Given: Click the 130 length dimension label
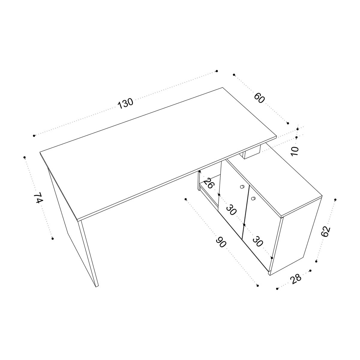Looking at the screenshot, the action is (x=125, y=103).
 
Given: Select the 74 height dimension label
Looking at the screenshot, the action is (x=38, y=198).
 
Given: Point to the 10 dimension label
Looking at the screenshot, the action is (x=295, y=151).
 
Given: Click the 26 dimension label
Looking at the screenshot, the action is (x=208, y=183).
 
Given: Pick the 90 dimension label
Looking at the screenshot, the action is (x=221, y=242).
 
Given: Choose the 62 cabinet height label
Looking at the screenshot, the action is (x=326, y=232).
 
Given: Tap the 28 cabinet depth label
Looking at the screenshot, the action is (x=296, y=279).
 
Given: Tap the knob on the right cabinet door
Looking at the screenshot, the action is (x=253, y=198).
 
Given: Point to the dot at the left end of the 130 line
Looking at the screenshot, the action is (x=34, y=135).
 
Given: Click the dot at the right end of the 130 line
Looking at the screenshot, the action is (x=217, y=71).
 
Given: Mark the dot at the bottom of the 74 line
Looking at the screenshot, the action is (x=53, y=238).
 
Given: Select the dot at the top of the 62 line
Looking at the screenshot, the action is (x=335, y=200).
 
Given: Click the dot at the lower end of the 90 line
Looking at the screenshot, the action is (x=258, y=286).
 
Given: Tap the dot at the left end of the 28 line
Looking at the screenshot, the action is (x=277, y=289).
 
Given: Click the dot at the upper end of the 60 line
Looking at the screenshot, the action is (x=234, y=75).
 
